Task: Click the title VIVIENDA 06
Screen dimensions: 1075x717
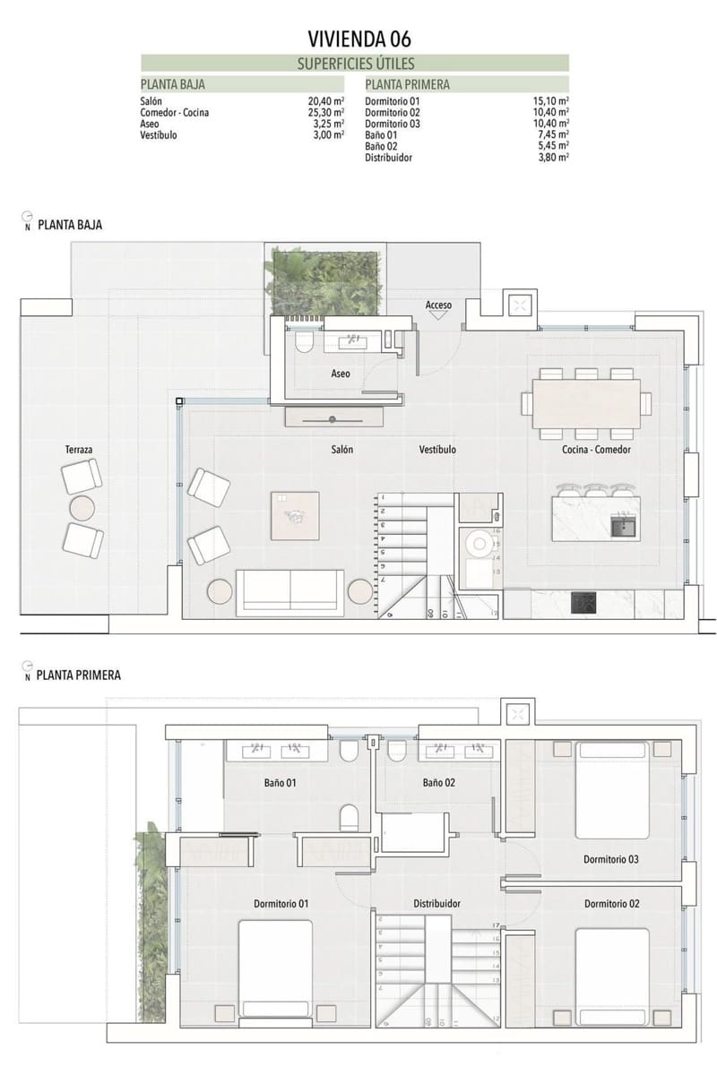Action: tap(359, 39)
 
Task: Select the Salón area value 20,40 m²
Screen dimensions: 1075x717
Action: tap(325, 102)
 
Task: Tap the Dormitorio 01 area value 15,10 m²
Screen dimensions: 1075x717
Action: tap(551, 102)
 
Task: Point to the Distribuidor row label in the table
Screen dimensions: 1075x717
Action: tap(389, 157)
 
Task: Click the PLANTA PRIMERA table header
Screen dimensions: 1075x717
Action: tap(408, 85)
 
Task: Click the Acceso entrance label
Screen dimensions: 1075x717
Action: tap(438, 305)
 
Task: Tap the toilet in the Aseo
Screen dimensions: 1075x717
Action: tap(302, 342)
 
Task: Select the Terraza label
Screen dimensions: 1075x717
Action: tap(80, 448)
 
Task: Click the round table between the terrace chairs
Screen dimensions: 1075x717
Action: tap(82, 508)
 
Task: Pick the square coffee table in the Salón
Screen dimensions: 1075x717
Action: tap(295, 515)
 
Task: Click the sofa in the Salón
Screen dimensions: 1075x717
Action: tap(289, 592)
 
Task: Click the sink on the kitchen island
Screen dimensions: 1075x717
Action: tap(622, 526)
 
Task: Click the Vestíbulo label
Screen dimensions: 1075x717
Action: tap(437, 450)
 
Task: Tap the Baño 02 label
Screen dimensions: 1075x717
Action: tap(439, 782)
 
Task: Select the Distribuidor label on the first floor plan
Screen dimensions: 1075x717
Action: tap(436, 904)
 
